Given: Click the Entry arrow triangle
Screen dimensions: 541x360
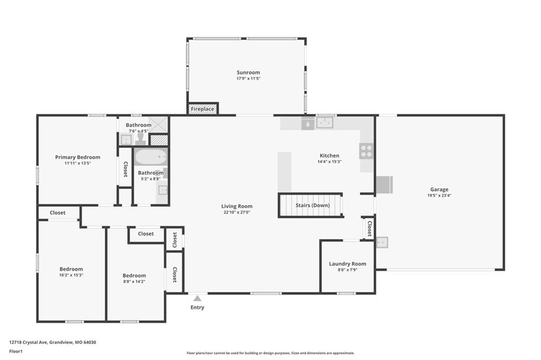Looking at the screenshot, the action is point(197,298).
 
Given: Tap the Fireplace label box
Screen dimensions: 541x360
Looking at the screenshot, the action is point(202,109).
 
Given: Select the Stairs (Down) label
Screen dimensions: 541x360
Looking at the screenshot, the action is point(313,205).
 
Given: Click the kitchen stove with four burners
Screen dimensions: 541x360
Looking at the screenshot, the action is point(367,150).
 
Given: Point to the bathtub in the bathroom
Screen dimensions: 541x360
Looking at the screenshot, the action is point(151,157).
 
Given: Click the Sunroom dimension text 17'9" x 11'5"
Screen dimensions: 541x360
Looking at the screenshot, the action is point(248,79).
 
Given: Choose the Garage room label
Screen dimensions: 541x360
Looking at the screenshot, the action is point(439,190).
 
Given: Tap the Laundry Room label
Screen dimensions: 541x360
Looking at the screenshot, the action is point(348,264).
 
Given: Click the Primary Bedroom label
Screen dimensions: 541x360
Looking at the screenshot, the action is point(78,157).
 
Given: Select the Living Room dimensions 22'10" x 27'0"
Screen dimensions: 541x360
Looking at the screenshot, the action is point(237,212).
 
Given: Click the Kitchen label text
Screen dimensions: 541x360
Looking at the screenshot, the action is point(330,156).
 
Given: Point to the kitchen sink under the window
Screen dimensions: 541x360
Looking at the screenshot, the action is point(325,122).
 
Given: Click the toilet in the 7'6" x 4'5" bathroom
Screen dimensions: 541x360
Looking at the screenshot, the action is point(140,139).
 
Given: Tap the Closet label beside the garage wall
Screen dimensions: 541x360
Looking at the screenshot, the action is point(369,228).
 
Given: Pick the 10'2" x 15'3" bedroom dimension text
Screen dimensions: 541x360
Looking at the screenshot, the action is point(71,275).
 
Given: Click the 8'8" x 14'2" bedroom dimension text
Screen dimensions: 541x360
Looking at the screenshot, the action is point(134,281).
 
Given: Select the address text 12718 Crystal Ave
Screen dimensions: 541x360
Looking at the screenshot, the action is point(29,343).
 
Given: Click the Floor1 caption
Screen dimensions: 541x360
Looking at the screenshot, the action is point(16,352).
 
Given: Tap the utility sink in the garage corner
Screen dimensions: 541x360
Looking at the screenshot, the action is point(382,242).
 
